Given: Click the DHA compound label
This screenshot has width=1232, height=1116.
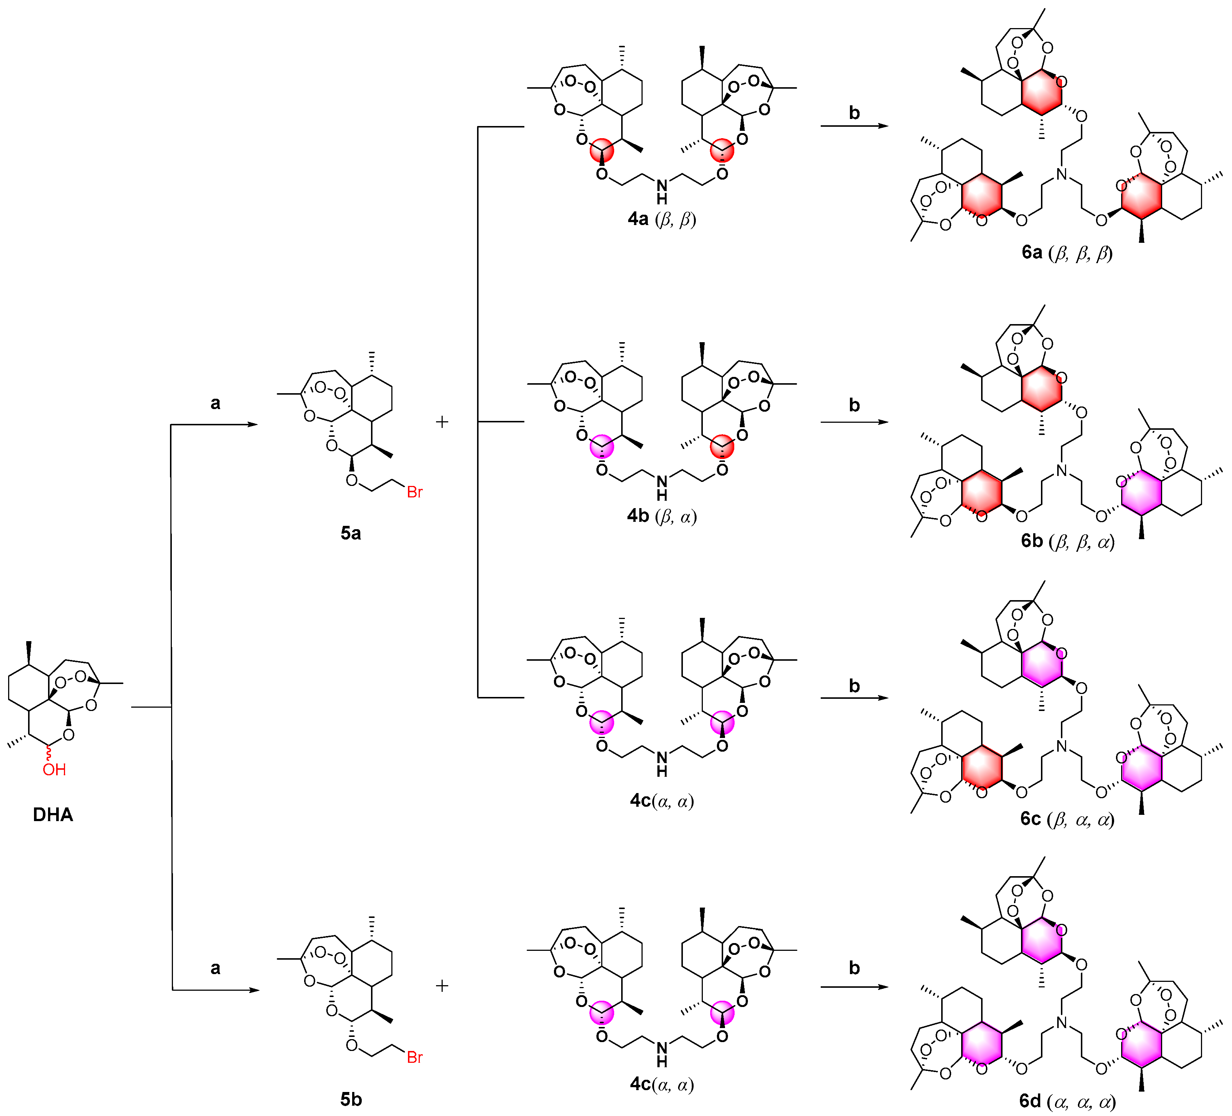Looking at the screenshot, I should pos(53,815).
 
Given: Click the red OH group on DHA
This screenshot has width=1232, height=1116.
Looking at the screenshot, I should pos(54,769).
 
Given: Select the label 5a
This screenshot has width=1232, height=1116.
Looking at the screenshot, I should pos(351,534).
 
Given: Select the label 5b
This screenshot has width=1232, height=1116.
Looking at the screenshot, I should pos(351,1099).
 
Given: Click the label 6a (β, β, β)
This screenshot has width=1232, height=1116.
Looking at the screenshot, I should pos(1067,253).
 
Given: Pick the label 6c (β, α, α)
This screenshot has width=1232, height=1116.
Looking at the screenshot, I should pos(1067,819).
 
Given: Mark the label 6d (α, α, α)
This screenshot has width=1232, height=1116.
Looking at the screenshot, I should pos(1067,1101).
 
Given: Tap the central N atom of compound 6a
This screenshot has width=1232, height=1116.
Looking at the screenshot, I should pos(1062,174).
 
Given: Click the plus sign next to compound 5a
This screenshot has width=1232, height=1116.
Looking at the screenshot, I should pos(442,422).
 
